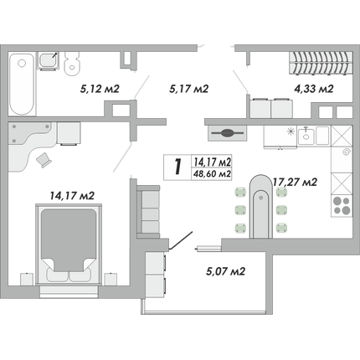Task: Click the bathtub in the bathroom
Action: (x=22, y=84)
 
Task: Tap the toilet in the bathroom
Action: (x=71, y=64)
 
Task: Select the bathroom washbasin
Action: (x=48, y=60)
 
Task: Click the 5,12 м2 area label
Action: (x=100, y=89)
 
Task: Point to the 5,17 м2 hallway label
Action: (x=189, y=89)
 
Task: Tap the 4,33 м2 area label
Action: (x=314, y=89)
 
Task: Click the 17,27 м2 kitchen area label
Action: (x=295, y=183)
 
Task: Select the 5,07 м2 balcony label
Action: (x=225, y=271)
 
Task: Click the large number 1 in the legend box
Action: (x=177, y=167)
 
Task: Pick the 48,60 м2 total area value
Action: (x=213, y=174)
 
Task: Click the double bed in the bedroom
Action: (x=69, y=244)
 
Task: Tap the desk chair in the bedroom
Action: (x=44, y=160)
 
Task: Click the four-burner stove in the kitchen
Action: (x=342, y=206)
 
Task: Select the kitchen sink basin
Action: (x=306, y=136)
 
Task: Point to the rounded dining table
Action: (x=260, y=207)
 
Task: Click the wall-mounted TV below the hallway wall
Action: (x=227, y=133)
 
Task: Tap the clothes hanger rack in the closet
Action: (x=321, y=64)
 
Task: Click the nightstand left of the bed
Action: (x=27, y=279)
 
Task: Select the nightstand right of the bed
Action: (x=111, y=279)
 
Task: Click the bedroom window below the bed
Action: (x=69, y=291)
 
